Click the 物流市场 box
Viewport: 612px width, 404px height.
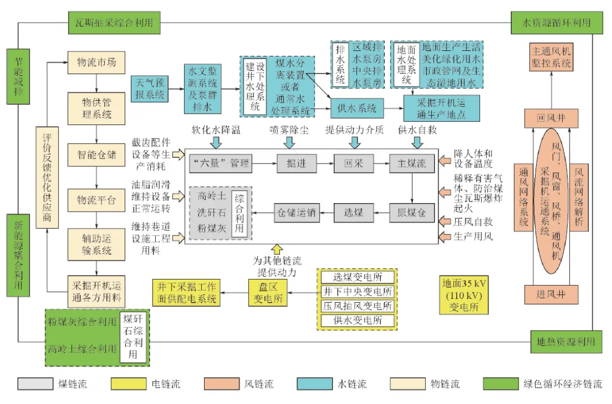96,62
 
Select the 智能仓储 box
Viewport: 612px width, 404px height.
96,154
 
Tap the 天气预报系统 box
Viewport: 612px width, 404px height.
149,89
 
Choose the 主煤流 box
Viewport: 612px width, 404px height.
411,164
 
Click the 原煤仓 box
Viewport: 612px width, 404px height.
411,213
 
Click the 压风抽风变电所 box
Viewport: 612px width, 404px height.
357,306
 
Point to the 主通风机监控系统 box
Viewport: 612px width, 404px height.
551,58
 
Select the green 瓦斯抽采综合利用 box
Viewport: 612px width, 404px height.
114,23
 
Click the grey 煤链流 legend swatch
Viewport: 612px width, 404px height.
33,384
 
